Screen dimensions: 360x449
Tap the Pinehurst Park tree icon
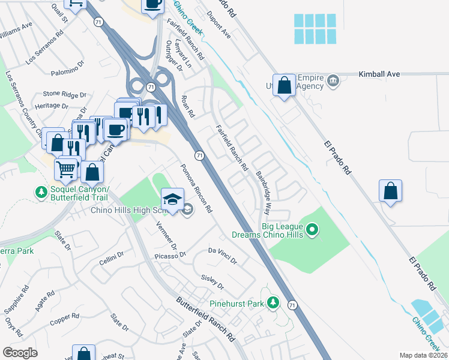(x=274, y=302)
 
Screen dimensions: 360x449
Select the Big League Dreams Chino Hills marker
(x=312, y=229)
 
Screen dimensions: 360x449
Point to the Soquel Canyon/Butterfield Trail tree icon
(x=41, y=192)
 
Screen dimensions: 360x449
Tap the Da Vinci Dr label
(x=223, y=256)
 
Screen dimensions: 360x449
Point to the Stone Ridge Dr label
(x=64, y=94)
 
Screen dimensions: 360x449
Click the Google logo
(x=20, y=353)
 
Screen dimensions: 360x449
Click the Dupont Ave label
(x=218, y=23)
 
